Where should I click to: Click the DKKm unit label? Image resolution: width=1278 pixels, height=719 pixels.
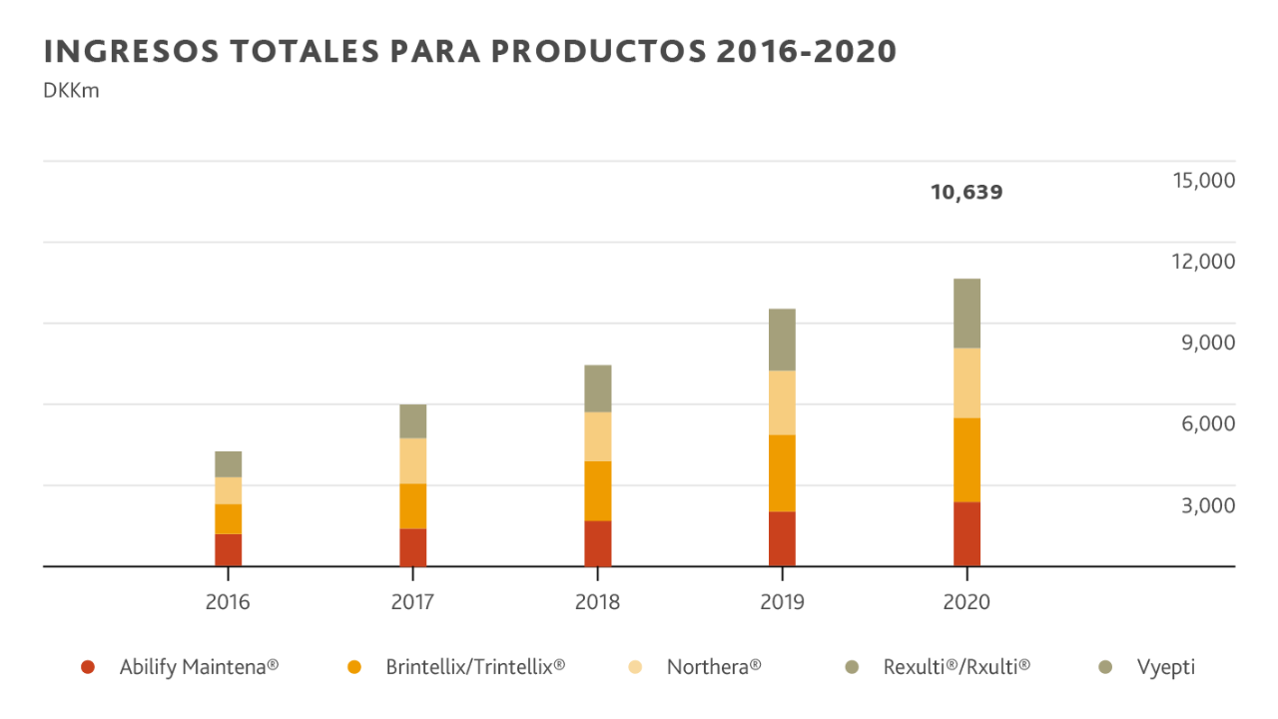pos(72,92)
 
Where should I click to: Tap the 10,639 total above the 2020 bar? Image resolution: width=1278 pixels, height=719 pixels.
pos(966,193)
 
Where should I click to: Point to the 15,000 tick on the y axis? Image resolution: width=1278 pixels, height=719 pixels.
pos(1204,181)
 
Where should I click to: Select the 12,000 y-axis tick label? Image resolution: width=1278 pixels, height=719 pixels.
pos(1204,262)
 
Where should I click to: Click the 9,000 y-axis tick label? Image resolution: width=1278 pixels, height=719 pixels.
pos(1208,343)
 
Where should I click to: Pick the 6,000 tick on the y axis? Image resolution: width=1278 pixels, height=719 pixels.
pos(1208,424)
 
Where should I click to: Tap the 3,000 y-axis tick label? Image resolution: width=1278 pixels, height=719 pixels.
pos(1208,506)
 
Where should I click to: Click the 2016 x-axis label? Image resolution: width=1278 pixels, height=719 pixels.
pos(228,602)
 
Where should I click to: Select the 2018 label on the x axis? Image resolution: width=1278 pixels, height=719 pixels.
pos(597,602)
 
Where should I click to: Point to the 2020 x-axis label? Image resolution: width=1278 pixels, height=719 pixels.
pos(966,602)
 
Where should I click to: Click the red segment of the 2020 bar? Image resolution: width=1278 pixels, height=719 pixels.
pos(967,533)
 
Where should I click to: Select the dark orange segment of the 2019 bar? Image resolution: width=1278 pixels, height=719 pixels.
pos(783,472)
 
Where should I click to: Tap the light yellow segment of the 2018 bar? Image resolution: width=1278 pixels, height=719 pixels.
pos(598,436)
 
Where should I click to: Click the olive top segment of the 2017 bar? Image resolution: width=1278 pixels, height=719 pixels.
pos(412,421)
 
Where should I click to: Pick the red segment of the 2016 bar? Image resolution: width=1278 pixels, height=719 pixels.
pos(228,549)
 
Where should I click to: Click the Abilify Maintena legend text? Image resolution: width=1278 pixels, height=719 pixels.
pos(199,666)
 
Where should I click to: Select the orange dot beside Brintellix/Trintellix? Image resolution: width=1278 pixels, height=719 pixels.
pos(352,667)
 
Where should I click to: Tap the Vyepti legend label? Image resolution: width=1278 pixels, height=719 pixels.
pos(1165,666)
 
